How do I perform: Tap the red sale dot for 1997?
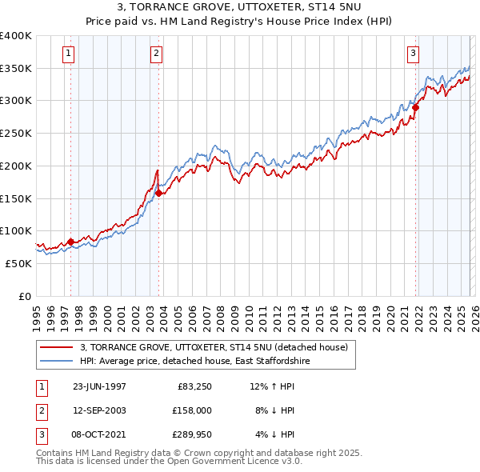[70, 242]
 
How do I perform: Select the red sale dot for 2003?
[158, 193]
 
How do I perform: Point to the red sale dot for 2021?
[416, 107]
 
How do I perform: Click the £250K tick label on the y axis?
[15, 133]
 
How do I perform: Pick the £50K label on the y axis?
[18, 263]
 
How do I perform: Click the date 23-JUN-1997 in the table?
[99, 386]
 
